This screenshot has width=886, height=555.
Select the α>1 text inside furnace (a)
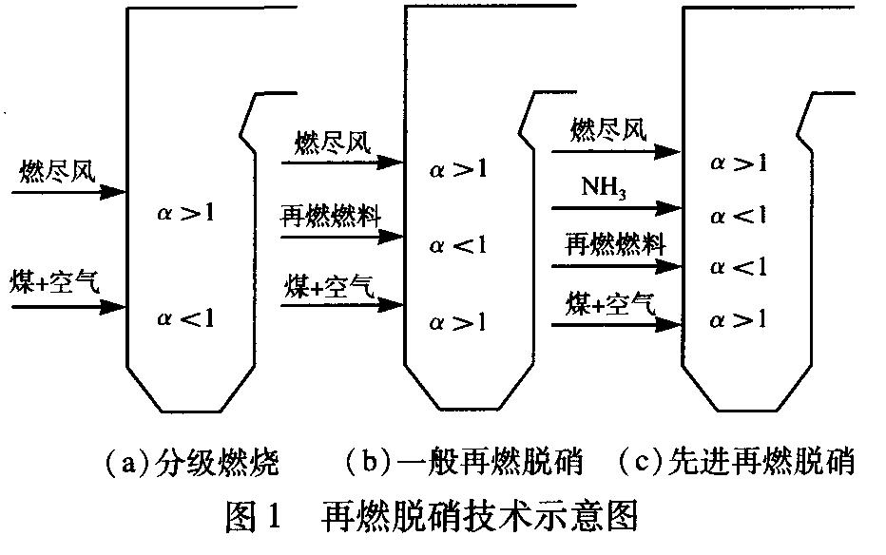click(185, 213)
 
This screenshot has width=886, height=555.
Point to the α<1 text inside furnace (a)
click(185, 317)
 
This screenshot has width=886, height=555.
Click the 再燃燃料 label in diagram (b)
click(330, 215)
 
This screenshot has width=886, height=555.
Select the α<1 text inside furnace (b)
click(457, 246)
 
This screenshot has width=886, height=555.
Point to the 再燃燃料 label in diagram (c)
click(615, 243)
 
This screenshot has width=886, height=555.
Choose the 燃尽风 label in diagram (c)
click(609, 130)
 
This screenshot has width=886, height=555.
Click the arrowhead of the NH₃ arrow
click(675, 206)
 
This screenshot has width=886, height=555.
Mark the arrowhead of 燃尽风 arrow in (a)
click(117, 193)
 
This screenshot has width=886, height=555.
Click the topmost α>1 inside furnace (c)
click(739, 162)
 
